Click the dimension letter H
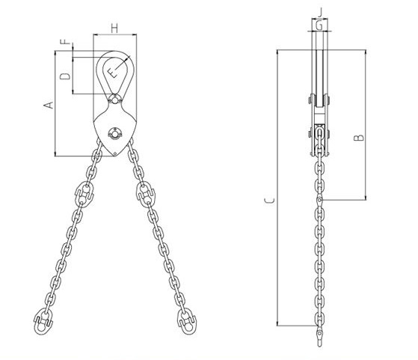tap(114, 28)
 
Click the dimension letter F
tap(65, 42)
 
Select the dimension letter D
tap(65, 76)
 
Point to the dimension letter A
tap(49, 105)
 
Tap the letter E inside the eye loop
tap(112, 73)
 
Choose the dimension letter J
tap(320, 12)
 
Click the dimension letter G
tap(319, 25)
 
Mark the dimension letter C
tap(269, 201)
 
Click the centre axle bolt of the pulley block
tap(114, 133)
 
